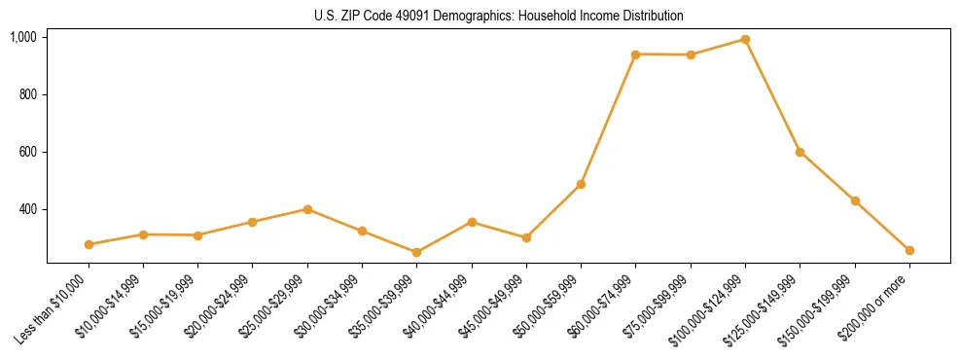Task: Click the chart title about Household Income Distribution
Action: pos(499,16)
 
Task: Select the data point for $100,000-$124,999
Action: pos(745,40)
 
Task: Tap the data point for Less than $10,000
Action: pos(89,244)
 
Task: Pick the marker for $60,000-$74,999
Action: pos(635,54)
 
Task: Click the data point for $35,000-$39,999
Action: pos(416,252)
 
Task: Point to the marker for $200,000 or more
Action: pos(909,250)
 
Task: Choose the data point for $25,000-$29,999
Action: pos(307,209)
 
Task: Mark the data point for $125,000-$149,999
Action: pos(800,152)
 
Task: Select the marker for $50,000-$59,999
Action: pos(581,184)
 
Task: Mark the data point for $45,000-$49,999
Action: pos(526,237)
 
